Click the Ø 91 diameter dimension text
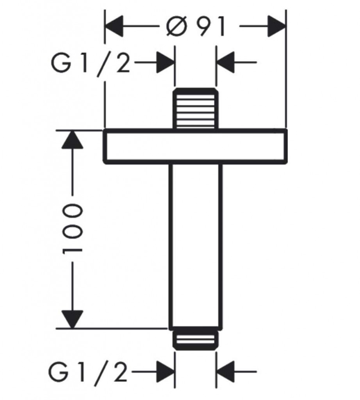(x=195, y=27)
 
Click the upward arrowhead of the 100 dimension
(x=73, y=139)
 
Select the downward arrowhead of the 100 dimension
(x=73, y=318)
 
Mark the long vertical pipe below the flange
(x=195, y=244)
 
